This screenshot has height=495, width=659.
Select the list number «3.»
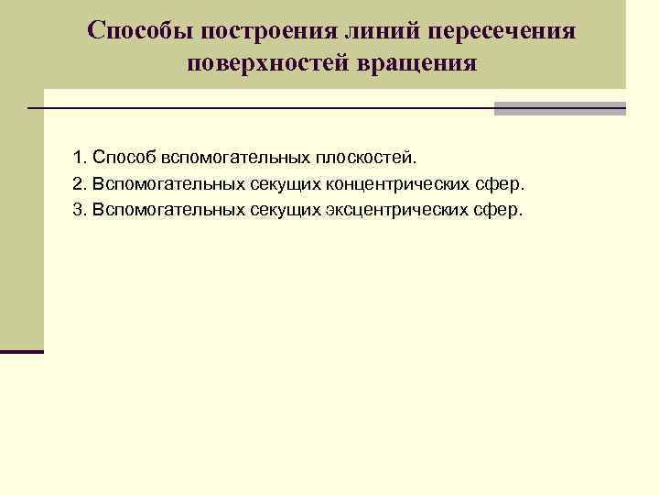coord(79,210)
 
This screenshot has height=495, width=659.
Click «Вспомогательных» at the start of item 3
coord(167,210)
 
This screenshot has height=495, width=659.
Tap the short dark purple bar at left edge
coord(22,352)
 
